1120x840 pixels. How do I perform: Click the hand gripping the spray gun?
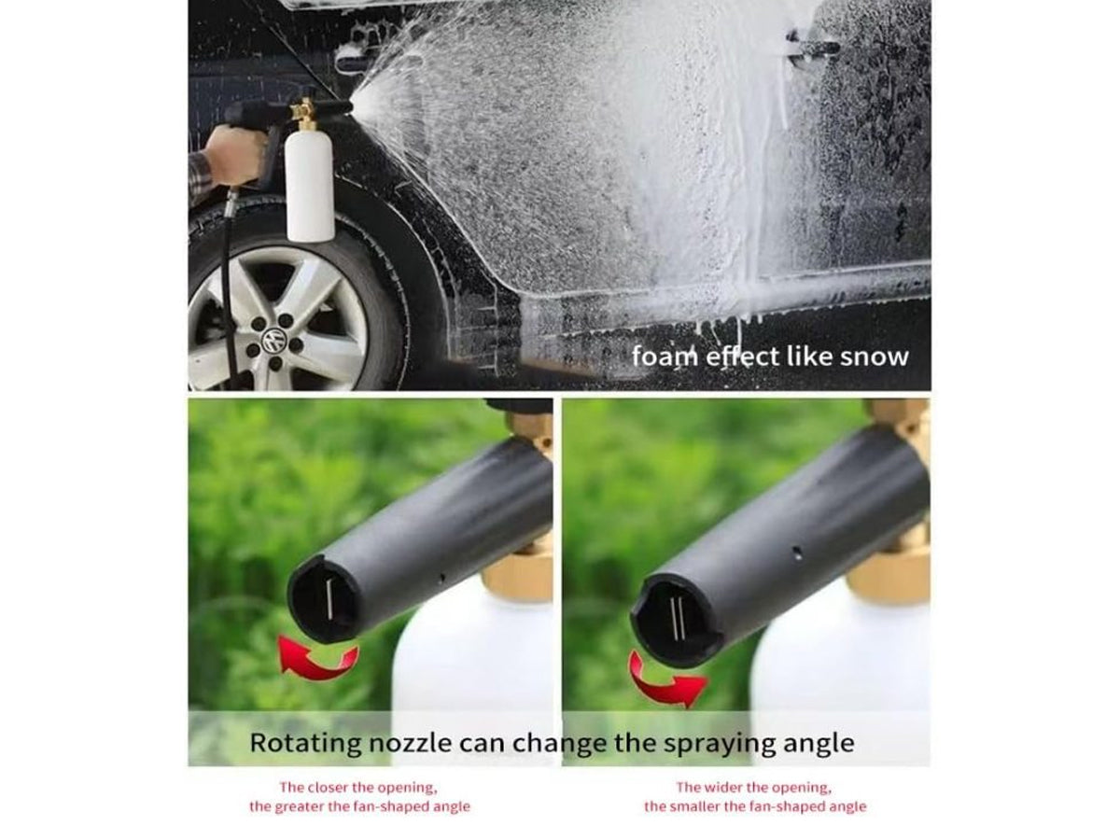pos(232,154)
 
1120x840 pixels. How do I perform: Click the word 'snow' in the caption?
pos(874,357)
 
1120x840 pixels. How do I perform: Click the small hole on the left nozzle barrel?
pos(441,578)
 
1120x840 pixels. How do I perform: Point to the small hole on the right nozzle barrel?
pos(797,552)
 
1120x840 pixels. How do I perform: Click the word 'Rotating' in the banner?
pos(305,743)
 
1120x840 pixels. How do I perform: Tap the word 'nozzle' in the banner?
pos(410,744)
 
